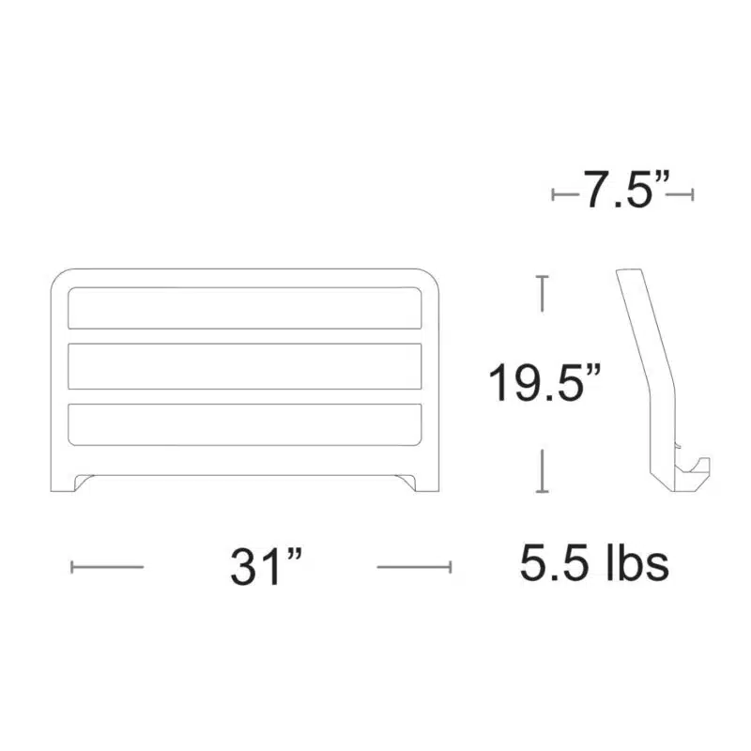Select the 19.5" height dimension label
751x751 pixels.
coord(544,382)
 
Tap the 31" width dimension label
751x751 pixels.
coord(267,567)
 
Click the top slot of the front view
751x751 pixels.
coord(245,308)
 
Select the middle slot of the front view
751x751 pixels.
coord(245,366)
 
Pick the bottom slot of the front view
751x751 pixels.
coord(245,425)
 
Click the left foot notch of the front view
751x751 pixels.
coord(84,482)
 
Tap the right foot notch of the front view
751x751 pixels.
coord(406,482)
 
